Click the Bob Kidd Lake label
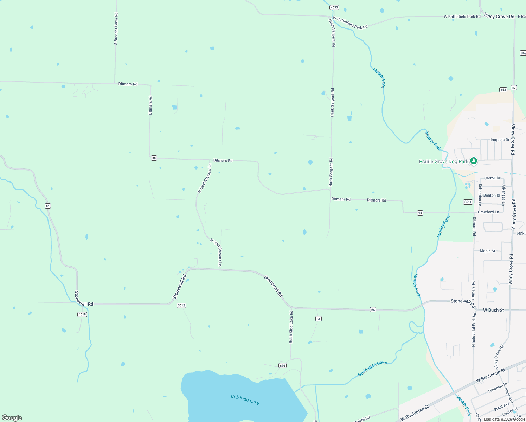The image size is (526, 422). click(245, 399)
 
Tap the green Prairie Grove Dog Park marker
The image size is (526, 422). click(474, 161)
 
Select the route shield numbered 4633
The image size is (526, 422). click(334, 7)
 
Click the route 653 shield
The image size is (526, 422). click(503, 90)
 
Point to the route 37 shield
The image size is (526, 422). click(514, 88)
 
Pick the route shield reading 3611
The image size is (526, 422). click(468, 202)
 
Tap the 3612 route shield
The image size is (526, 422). click(181, 305)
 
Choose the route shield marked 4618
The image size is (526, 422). click(82, 314)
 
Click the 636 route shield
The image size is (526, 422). click(282, 366)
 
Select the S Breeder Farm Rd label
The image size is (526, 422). click(116, 29)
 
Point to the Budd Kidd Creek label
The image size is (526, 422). click(373, 368)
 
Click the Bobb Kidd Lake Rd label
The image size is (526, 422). click(291, 327)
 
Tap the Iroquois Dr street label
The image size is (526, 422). click(500, 140)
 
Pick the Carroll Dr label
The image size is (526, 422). click(492, 178)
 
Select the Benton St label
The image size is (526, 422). click(492, 195)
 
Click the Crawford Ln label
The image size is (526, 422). click(488, 212)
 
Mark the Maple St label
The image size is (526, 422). click(487, 251)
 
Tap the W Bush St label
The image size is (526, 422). click(493, 310)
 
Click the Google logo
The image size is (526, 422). click(12, 417)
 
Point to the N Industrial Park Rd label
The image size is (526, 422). click(473, 330)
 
